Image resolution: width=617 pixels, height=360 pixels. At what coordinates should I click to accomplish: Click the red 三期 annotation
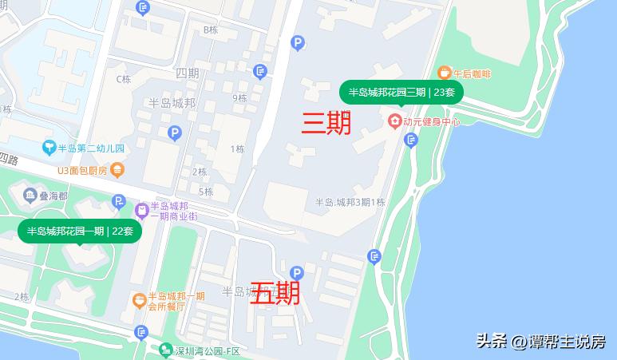[x=326, y=122]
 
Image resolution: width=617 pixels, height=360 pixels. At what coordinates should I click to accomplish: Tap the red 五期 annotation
[x=275, y=293]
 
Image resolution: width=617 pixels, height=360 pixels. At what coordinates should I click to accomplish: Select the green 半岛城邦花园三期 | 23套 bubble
[x=401, y=93]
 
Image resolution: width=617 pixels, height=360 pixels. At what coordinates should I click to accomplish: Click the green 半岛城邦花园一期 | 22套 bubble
[x=80, y=231]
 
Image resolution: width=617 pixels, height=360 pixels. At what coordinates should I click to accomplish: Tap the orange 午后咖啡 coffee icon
[x=445, y=73]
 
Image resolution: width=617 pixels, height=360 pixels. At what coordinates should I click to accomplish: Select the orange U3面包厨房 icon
[x=117, y=169]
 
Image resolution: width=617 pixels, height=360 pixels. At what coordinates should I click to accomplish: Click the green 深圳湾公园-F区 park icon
[x=165, y=350]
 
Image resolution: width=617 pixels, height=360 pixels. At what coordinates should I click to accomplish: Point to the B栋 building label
[x=211, y=30]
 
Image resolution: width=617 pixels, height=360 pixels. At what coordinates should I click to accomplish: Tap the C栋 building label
[x=123, y=79]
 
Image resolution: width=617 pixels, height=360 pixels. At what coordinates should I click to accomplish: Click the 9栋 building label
[x=239, y=98]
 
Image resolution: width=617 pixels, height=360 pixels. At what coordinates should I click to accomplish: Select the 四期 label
[x=187, y=73]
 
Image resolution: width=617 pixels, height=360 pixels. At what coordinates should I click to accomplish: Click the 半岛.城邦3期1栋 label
[x=350, y=202]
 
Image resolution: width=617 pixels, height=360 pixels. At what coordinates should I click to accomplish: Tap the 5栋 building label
[x=206, y=192]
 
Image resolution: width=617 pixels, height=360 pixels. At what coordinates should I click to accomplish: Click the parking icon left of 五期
[x=297, y=272]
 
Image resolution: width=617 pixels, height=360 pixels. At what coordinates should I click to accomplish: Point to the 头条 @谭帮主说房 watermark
[x=540, y=342]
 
